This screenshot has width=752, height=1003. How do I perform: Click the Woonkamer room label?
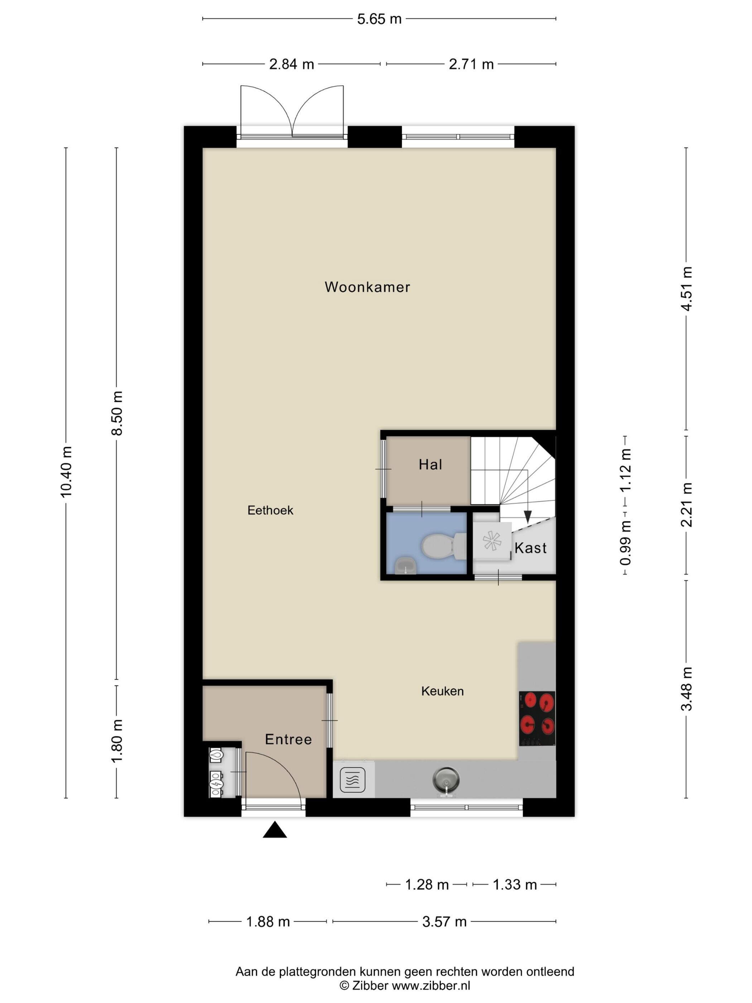(367, 287)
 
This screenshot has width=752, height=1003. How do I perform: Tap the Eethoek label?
(270, 510)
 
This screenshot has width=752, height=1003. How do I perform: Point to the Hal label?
(430, 464)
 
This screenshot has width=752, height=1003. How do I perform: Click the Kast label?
(530, 548)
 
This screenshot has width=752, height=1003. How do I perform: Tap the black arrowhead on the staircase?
(527, 517)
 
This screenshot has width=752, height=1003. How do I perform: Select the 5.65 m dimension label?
(379, 19)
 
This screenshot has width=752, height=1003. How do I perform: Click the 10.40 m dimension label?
(66, 471)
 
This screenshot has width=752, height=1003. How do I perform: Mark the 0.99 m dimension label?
(626, 543)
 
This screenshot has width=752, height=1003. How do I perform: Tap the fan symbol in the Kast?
(492, 541)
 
